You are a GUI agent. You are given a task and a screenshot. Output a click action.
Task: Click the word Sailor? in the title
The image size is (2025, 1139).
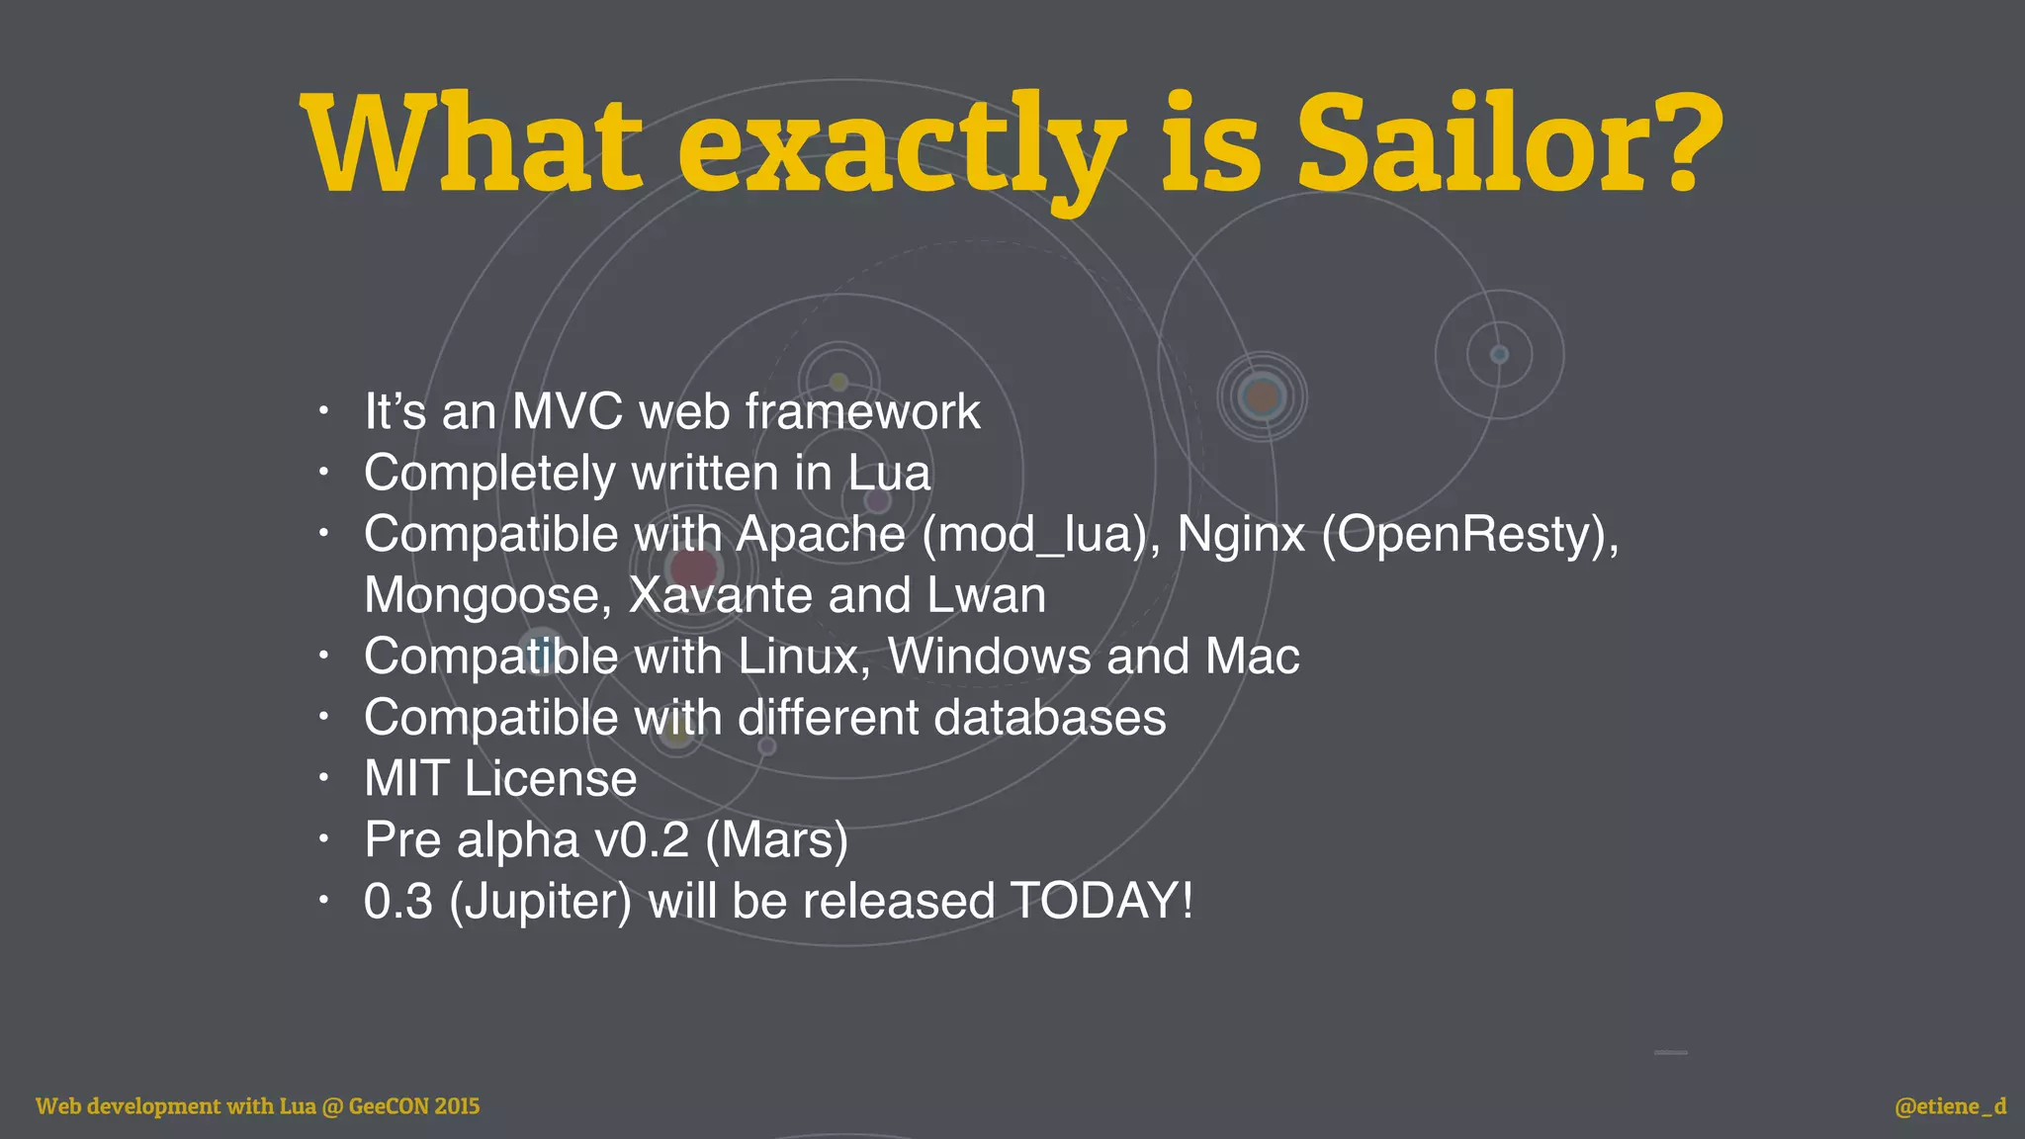click(x=1510, y=144)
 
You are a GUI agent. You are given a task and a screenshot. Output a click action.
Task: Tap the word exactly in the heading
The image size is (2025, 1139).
click(x=901, y=148)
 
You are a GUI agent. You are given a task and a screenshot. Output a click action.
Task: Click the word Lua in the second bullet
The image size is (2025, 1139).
click(x=889, y=474)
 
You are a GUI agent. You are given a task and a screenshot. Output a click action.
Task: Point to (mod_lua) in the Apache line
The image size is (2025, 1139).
click(x=1041, y=535)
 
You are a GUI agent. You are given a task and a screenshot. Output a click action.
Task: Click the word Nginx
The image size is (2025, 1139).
click(x=1241, y=535)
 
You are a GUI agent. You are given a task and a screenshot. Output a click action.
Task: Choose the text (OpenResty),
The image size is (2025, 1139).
click(x=1470, y=535)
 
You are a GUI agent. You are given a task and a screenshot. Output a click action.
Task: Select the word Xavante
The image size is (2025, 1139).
click(x=720, y=596)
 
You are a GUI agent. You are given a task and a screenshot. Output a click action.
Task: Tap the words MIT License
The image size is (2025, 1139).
click(x=500, y=779)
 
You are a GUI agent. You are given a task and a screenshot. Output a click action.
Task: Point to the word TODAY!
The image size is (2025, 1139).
click(x=1101, y=902)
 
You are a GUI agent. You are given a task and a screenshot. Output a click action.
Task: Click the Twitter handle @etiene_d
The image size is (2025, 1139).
click(x=1950, y=1106)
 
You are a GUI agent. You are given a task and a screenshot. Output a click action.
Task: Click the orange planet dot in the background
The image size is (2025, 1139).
click(x=1262, y=397)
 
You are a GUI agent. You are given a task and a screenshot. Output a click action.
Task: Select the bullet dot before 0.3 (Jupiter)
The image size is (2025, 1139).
click(x=322, y=901)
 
